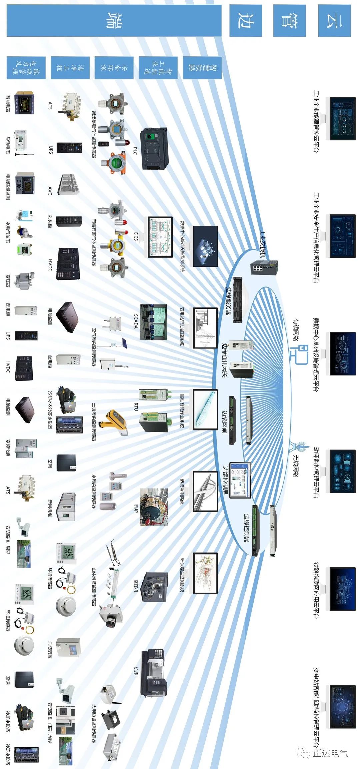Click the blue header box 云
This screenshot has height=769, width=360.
click(x=334, y=21)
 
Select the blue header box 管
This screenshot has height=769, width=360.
click(x=289, y=21)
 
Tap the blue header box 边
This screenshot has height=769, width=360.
click(x=246, y=21)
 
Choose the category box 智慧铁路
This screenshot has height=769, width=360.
click(x=202, y=68)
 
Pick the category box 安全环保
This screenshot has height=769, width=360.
click(x=114, y=68)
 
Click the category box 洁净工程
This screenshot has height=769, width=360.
click(x=70, y=68)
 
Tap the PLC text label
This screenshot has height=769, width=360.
click(x=135, y=151)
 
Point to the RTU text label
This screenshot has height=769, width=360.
click(x=136, y=407)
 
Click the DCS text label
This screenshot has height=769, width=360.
click(x=136, y=236)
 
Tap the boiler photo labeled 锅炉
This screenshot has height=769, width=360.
click(x=154, y=507)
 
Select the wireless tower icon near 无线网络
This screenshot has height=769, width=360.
click(x=297, y=447)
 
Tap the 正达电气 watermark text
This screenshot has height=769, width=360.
click(x=330, y=753)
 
